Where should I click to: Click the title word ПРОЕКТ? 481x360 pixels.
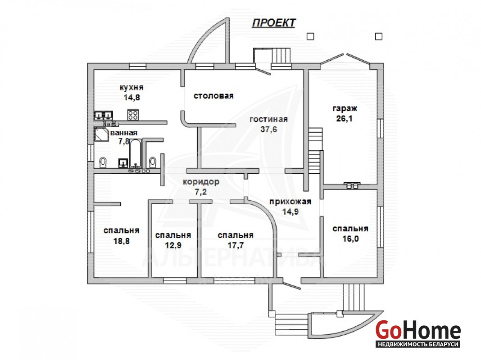coord(273,23)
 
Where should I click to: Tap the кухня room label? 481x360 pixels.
coord(132,87)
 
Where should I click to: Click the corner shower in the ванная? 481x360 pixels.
coord(101,134)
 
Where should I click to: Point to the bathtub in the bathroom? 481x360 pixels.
coord(136,153)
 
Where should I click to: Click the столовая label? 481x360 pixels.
coord(213,95)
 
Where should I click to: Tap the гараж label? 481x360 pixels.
coord(345,109)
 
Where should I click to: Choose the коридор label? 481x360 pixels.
coord(201,182)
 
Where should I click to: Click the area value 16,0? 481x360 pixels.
coord(350,238)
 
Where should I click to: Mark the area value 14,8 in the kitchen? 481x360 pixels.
coord(132,97)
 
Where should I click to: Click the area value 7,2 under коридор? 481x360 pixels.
coord(201,192)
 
